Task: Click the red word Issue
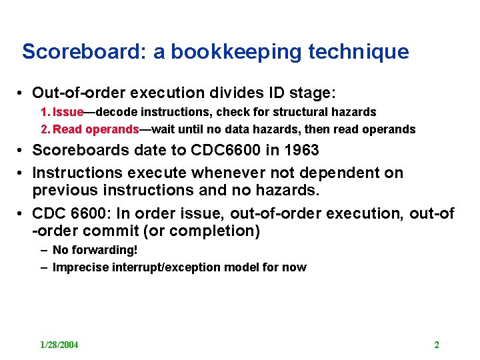(x=68, y=112)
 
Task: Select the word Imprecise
(x=78, y=267)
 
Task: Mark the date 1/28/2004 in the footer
(x=59, y=345)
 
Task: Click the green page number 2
(x=437, y=345)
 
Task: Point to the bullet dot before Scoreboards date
(x=22, y=151)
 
